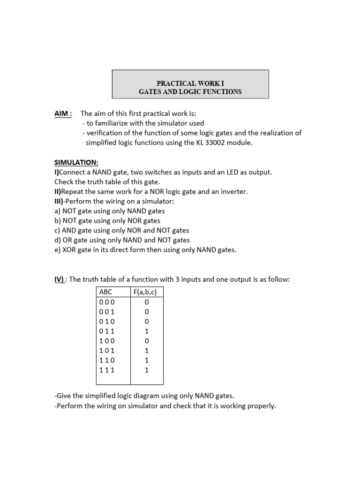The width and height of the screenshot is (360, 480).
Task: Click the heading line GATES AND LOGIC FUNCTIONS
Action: (x=190, y=91)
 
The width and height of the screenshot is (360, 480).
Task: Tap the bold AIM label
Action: (x=63, y=113)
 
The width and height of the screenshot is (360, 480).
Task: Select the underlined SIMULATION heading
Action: (x=76, y=162)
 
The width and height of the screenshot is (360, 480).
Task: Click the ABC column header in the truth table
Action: (x=106, y=292)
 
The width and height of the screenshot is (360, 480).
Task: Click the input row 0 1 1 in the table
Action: (x=107, y=330)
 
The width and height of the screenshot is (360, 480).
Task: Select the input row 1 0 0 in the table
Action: (x=107, y=340)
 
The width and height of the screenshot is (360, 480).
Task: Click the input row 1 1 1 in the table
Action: (x=107, y=370)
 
